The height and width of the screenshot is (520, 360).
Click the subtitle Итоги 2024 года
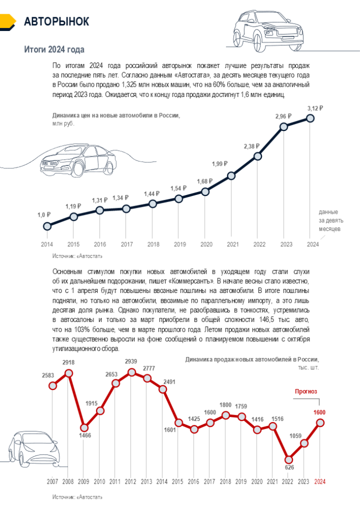54,49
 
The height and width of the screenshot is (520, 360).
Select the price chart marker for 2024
311,118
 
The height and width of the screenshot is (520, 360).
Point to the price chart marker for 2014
47,225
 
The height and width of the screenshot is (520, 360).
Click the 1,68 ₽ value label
206,181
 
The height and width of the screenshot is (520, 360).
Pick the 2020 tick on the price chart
206,245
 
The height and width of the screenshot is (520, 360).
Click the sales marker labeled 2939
132,372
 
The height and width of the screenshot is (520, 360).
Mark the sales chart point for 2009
84,428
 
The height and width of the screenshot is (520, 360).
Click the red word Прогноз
306,392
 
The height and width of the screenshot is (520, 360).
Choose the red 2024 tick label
319,481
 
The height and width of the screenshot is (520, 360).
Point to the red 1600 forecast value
319,412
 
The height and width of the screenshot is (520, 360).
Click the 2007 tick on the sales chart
52,481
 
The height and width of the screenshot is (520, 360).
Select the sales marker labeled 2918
69,373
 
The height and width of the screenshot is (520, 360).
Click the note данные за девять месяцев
329,220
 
